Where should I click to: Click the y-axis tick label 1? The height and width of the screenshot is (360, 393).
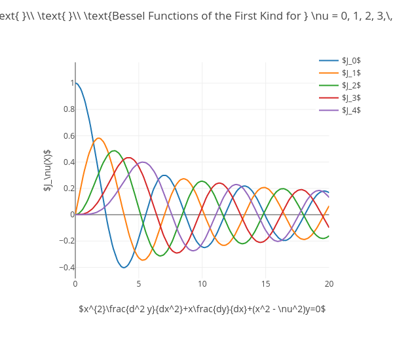(x=71, y=83)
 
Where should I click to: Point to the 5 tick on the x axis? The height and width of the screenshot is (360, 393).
(x=139, y=284)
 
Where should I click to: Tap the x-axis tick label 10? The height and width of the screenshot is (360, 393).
(x=202, y=284)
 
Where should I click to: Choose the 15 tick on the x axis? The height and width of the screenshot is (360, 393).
(x=265, y=284)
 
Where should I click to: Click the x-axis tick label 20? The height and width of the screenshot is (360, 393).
(x=329, y=284)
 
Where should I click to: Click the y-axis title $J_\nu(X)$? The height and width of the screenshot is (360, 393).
(x=47, y=170)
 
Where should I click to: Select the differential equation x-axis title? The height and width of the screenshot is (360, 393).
(x=202, y=309)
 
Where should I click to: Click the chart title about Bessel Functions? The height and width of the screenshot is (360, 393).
(x=196, y=16)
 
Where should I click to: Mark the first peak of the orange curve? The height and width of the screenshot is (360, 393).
(x=99, y=138)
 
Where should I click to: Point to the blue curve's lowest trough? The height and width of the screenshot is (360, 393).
(x=124, y=267)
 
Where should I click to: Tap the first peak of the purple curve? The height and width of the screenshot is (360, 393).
(x=143, y=162)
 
